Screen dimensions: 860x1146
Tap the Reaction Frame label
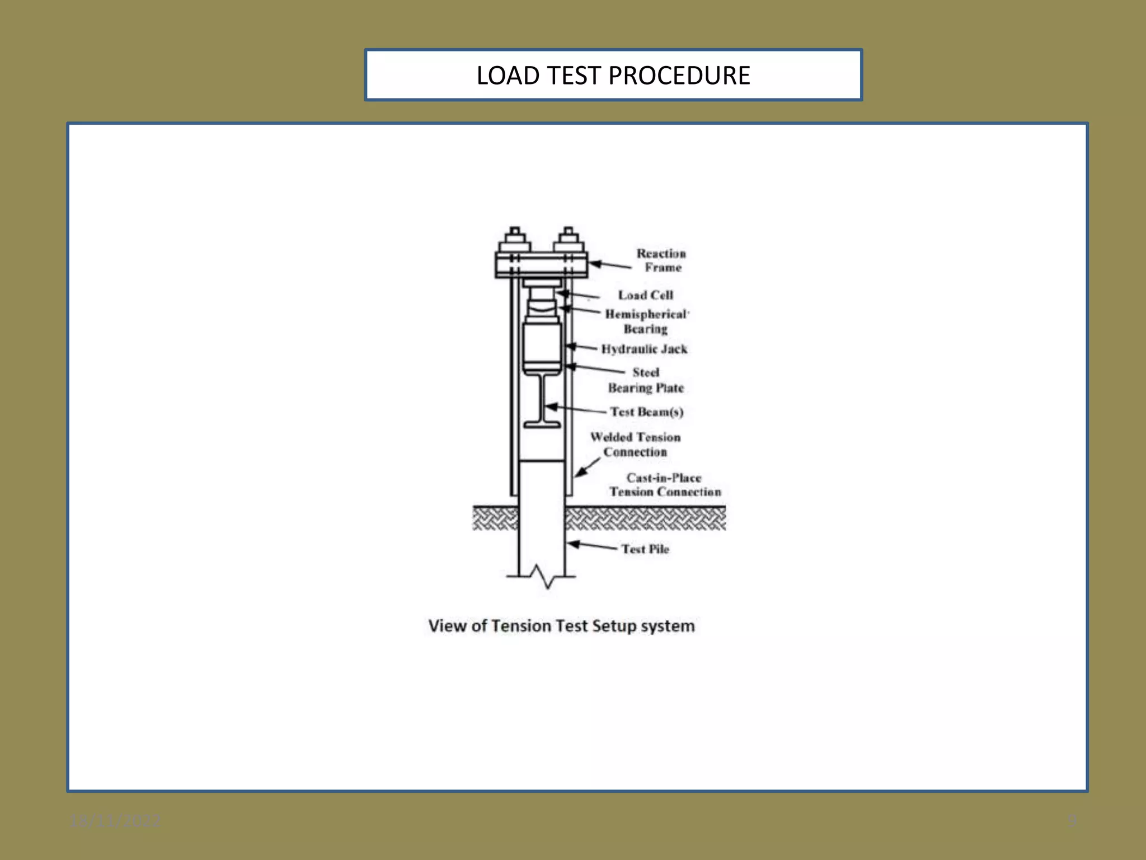661,260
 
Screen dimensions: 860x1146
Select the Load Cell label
645,295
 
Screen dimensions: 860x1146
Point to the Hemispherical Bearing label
646,321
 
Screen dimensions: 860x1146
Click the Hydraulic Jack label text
644,349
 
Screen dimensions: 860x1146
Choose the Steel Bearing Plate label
646,380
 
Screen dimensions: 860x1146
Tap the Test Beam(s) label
647,412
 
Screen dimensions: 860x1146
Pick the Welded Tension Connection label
635,445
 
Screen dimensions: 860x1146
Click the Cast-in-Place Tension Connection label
665,485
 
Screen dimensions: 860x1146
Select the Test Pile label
645,549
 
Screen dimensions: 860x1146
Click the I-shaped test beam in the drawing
542,400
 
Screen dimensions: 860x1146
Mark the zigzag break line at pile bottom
542,577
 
